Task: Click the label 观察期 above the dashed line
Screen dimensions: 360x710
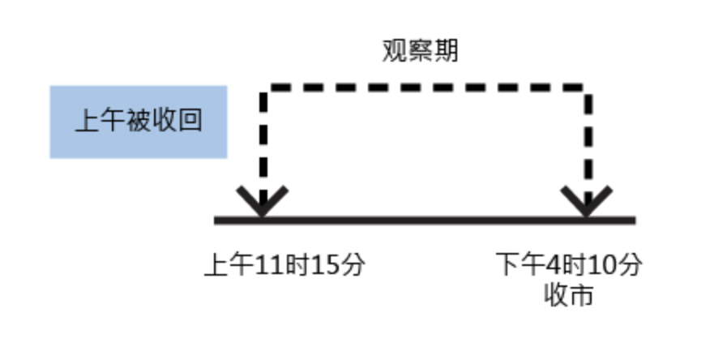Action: (x=421, y=51)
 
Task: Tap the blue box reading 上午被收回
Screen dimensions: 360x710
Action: (x=139, y=121)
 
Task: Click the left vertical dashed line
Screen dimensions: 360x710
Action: (x=262, y=138)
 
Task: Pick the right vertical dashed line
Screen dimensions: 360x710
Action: (x=586, y=138)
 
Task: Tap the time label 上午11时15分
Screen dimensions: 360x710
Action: (x=284, y=265)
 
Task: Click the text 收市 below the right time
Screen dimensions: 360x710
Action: (x=569, y=294)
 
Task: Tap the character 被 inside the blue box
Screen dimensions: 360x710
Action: (x=139, y=122)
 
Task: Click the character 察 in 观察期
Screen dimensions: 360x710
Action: (x=421, y=51)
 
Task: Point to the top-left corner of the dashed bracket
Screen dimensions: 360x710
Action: (x=263, y=86)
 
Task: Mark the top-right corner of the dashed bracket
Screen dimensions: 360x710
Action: (x=586, y=86)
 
